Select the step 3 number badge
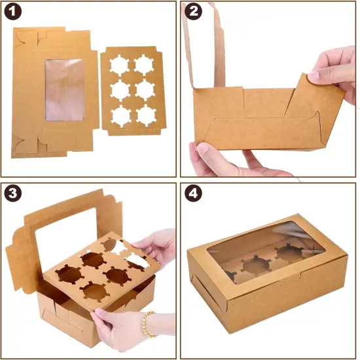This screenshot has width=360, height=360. click(x=13, y=194)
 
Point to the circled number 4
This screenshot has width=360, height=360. click(x=194, y=195)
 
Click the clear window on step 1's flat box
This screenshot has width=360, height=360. click(x=64, y=90)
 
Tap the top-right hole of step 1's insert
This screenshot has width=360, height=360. click(x=144, y=64)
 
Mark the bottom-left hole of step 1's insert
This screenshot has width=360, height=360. click(x=121, y=115)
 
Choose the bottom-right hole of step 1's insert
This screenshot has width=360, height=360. click(x=145, y=115)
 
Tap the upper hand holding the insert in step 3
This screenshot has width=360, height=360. click(x=157, y=245)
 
